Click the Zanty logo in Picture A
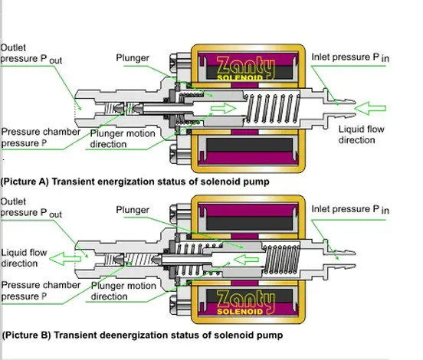pos(245,68)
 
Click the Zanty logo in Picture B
pos(245,303)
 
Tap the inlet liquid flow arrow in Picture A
pos(370,109)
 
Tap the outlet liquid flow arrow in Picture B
pos(65,259)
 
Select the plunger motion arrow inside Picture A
pos(223,109)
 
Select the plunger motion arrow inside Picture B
pos(246,260)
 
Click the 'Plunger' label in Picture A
pos(133,58)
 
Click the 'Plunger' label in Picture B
pos(133,210)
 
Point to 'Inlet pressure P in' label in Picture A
pos(350,57)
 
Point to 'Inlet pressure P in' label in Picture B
pos(350,209)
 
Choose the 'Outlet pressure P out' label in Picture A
pos(31,54)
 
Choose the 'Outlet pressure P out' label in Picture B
pos(31,208)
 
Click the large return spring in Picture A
pos(272,109)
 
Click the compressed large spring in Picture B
pos(282,260)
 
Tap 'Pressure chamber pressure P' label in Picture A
pos(41,137)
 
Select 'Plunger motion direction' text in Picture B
pos(123,291)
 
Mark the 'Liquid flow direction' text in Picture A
pos(362,135)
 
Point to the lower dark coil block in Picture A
pos(249,145)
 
